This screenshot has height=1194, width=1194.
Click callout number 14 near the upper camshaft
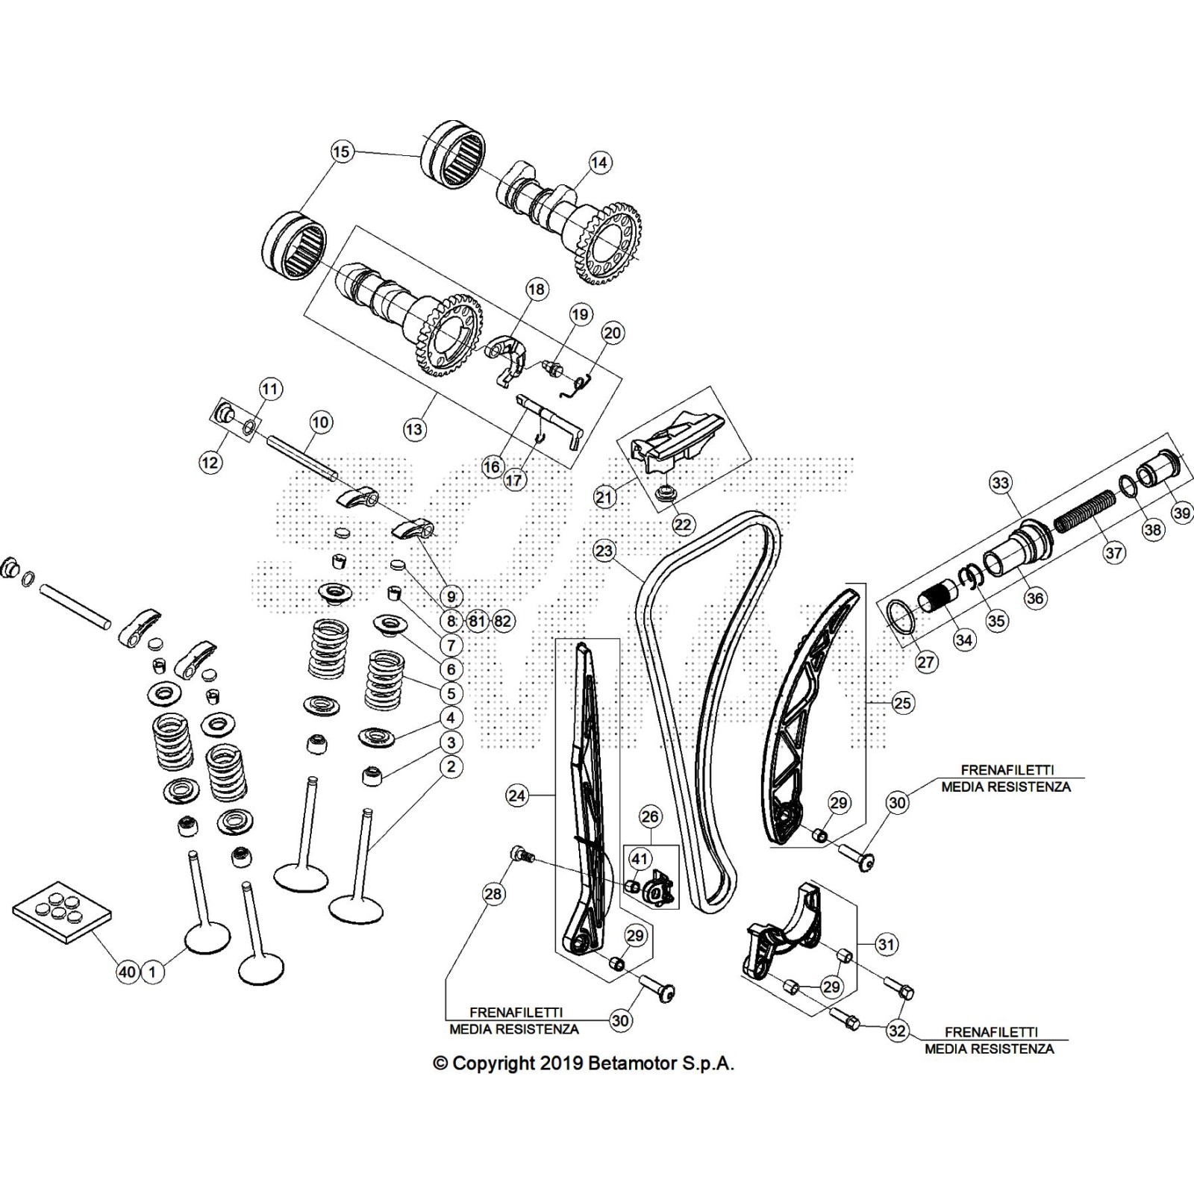[600, 162]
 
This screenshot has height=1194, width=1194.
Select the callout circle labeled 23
[604, 551]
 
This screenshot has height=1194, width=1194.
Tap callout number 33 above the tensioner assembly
[1000, 483]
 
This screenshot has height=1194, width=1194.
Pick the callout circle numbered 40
[128, 972]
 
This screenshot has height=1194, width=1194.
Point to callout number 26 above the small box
[651, 816]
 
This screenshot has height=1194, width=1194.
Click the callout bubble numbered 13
[414, 429]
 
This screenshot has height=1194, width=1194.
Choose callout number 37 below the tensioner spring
[1113, 553]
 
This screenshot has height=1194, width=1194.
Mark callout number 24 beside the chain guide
[516, 796]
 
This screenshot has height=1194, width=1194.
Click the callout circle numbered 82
[503, 621]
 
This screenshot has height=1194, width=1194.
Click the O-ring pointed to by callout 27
[902, 616]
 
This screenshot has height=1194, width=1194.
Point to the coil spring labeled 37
[1082, 515]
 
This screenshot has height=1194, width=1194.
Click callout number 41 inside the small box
[640, 860]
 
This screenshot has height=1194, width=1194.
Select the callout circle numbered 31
[886, 944]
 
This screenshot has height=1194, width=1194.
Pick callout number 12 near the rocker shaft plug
[210, 462]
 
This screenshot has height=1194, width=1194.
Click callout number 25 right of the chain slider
[903, 703]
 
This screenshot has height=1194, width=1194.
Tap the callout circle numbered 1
[152, 972]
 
